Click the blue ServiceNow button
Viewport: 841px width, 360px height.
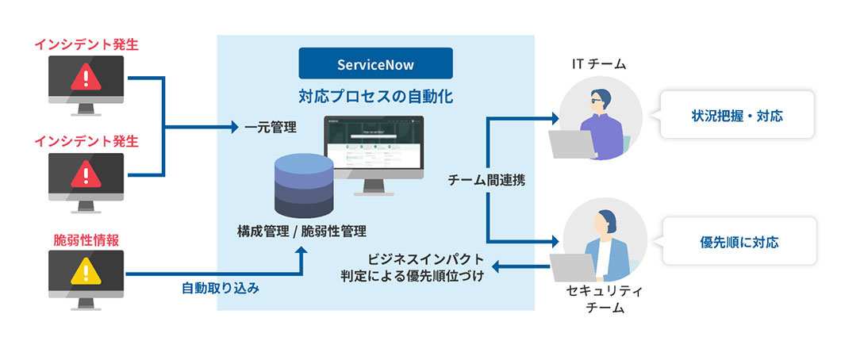coord(375,63)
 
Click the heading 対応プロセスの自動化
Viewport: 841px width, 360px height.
coord(375,98)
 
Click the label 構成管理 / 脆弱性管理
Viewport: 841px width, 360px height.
coord(301,232)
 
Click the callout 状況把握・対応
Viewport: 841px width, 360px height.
coord(737,116)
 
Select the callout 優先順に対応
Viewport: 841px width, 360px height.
coord(737,240)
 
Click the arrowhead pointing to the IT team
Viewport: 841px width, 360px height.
coord(555,119)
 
